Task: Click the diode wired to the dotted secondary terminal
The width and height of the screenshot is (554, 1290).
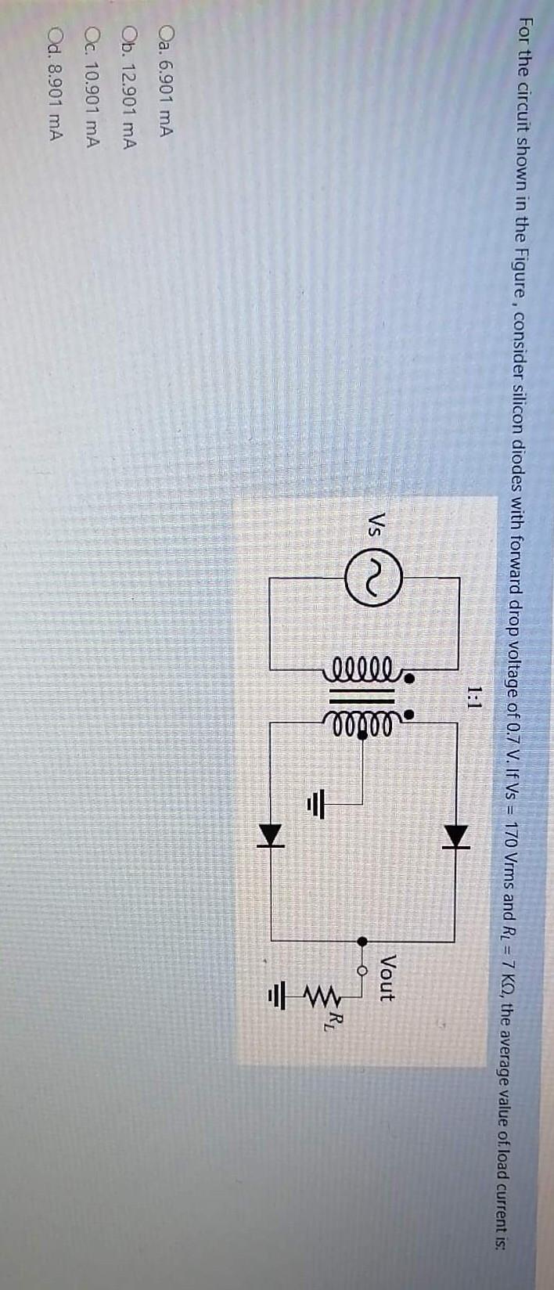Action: (457, 812)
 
